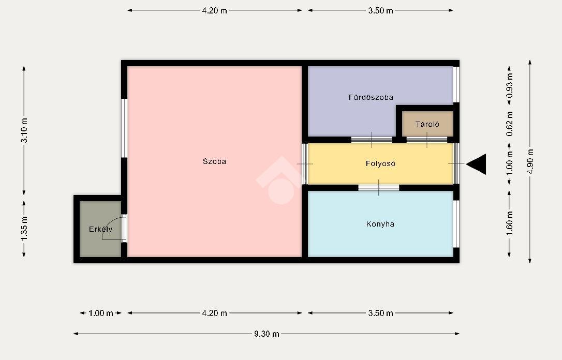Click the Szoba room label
(214, 161)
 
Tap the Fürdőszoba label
(371, 97)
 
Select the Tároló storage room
(427, 124)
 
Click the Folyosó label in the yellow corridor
(380, 163)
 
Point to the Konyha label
(380, 224)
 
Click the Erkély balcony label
(101, 229)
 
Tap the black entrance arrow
(476, 164)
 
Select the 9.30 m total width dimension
(267, 334)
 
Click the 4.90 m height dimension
(530, 161)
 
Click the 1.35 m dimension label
(24, 229)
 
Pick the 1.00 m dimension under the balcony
(101, 313)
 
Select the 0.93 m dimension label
(510, 85)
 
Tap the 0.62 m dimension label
(510, 124)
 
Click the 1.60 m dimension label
(510, 223)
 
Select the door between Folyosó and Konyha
(379, 188)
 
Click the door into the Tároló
(427, 140)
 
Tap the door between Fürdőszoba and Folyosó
(372, 140)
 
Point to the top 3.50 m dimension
(380, 10)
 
